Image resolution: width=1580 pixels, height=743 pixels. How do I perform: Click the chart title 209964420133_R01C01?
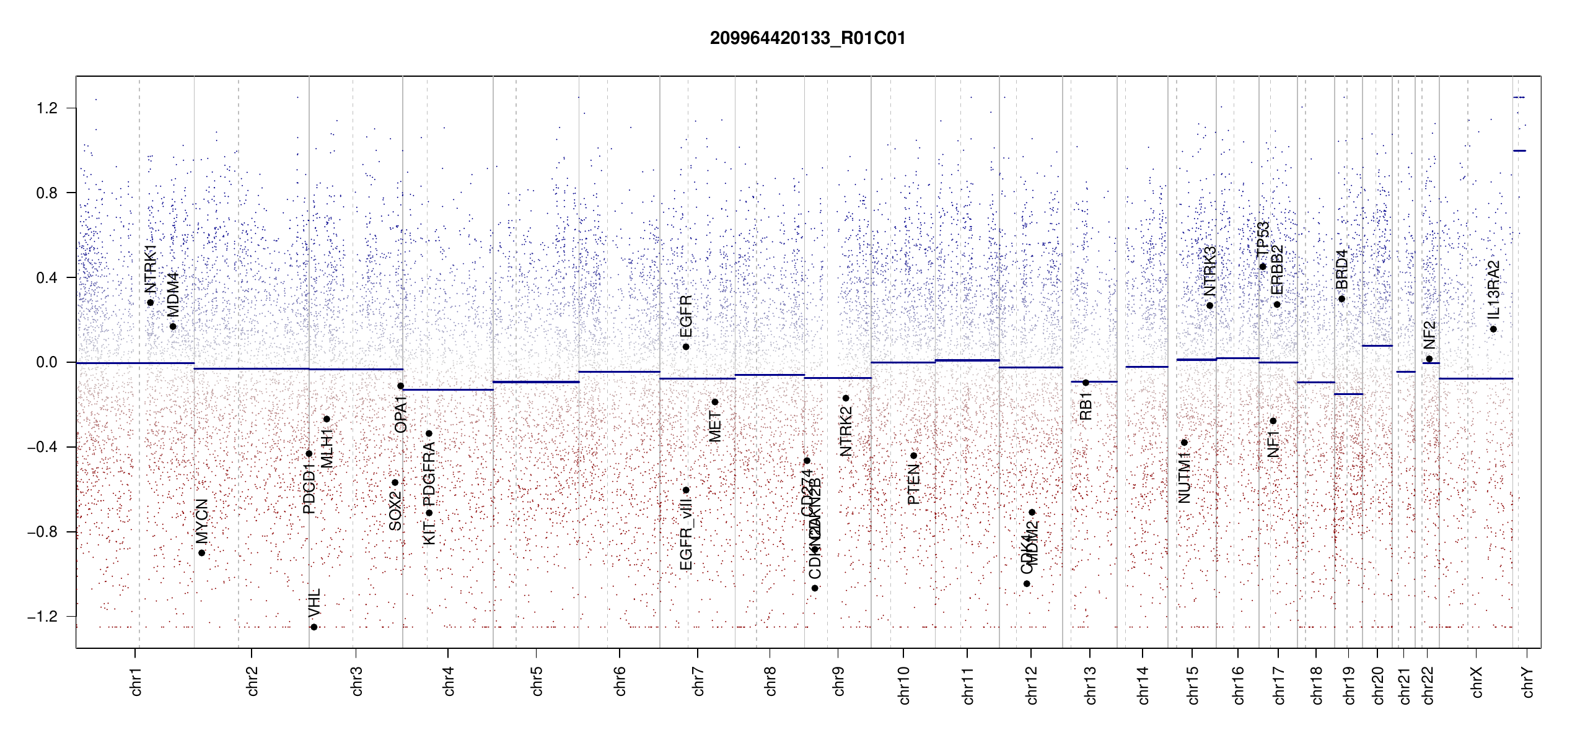click(807, 38)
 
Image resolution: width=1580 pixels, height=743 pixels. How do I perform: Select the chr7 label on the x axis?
click(698, 681)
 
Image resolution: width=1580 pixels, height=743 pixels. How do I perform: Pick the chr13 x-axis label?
click(1091, 685)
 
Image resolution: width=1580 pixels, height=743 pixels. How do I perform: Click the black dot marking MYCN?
click(201, 553)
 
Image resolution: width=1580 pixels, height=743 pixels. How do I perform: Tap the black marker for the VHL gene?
click(314, 627)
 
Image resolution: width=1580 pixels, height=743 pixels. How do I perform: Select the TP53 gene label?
click(1263, 239)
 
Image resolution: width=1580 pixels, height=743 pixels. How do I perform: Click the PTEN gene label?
click(914, 484)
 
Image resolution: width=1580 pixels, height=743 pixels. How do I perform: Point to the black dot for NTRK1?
click(150, 303)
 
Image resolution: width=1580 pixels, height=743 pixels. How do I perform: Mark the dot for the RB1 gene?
click(1086, 383)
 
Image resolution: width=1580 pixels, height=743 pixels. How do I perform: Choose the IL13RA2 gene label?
click(1494, 289)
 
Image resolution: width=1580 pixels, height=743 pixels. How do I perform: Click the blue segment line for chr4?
click(448, 390)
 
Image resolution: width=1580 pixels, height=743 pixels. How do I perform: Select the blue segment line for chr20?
click(1377, 345)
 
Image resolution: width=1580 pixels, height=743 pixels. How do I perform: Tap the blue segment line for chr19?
click(1348, 394)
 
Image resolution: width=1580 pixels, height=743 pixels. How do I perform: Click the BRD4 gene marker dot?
click(1341, 299)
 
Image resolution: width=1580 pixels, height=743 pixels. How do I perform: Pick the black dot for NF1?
click(1273, 421)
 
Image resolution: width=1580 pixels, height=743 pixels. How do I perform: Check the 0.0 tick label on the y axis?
click(47, 362)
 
